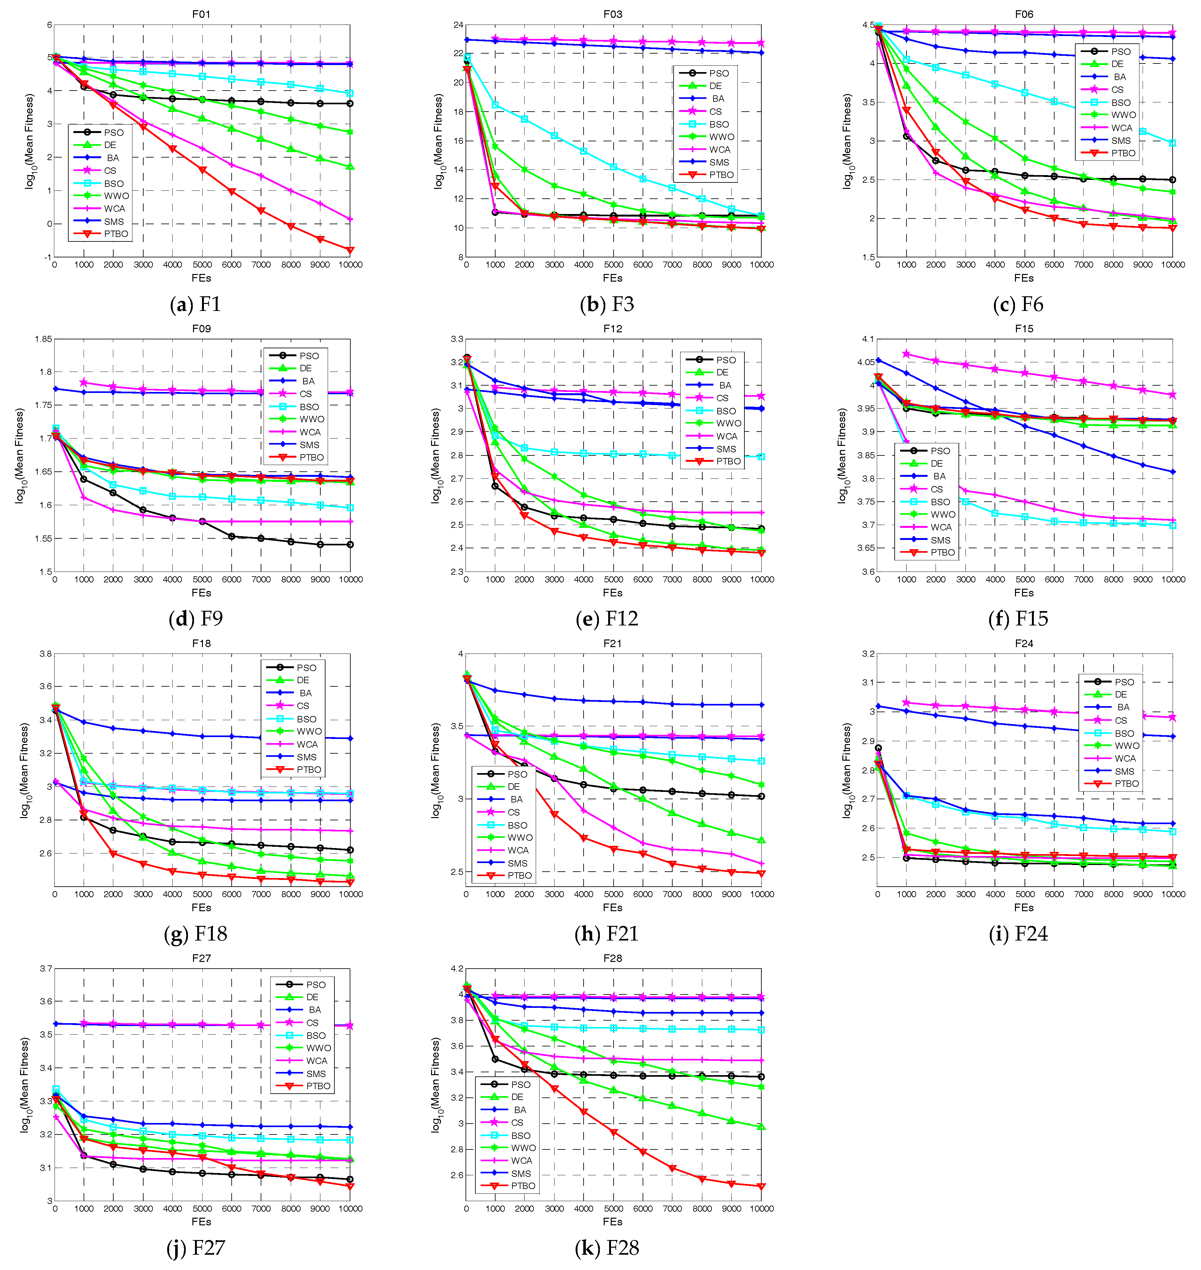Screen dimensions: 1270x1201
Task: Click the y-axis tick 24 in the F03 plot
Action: coord(458,25)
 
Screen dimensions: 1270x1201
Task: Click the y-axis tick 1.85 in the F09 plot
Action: coord(43,339)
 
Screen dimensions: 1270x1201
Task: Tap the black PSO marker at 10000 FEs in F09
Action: coord(349,544)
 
